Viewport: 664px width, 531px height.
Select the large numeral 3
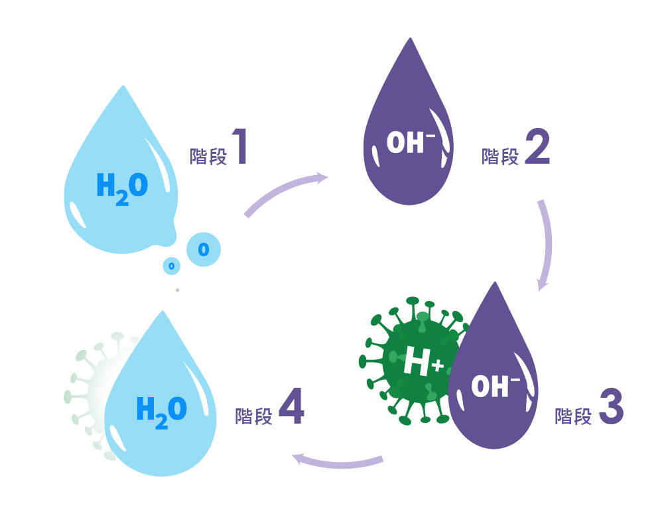[611, 407]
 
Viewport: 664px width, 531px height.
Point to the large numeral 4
[291, 407]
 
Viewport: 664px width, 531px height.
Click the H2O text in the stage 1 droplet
[122, 188]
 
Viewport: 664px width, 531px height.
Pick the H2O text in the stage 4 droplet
[161, 411]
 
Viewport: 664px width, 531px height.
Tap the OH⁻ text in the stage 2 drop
[410, 143]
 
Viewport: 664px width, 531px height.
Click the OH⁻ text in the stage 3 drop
[495, 386]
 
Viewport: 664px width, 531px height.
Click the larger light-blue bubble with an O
[204, 249]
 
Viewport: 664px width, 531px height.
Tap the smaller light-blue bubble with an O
[172, 266]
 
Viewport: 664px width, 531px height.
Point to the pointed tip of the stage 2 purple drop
[411, 41]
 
